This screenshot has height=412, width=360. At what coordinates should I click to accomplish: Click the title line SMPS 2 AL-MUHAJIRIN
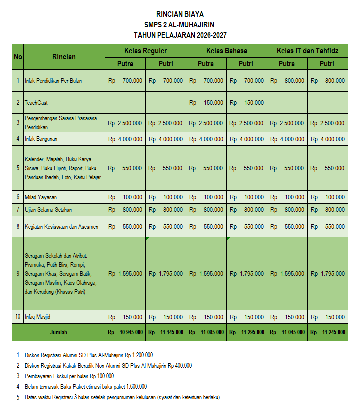180,24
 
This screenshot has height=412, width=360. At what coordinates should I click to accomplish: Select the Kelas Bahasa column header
226,51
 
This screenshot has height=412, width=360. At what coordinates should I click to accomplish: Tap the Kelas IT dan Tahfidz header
307,51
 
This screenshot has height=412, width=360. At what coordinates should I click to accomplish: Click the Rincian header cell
64,57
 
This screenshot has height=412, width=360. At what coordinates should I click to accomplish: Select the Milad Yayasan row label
41,197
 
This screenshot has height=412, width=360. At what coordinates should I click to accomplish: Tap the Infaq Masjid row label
37,317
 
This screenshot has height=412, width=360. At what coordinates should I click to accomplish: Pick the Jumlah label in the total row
58,332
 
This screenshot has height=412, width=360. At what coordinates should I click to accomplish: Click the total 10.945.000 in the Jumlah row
131,332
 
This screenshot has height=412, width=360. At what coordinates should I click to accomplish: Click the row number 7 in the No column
18,210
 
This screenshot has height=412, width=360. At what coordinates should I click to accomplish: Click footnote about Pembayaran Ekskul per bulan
69,376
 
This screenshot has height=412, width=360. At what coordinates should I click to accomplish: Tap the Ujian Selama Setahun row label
48,210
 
